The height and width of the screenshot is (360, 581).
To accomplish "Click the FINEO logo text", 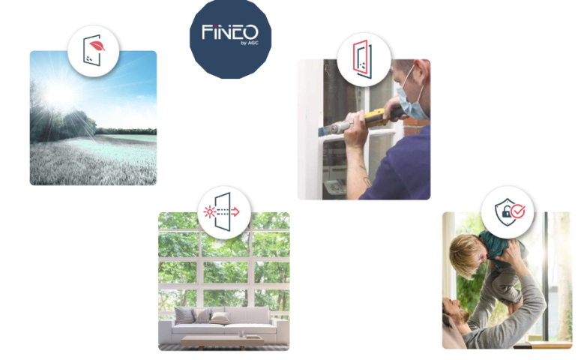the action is (x=229, y=32).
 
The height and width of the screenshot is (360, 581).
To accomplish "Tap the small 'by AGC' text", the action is (x=250, y=43).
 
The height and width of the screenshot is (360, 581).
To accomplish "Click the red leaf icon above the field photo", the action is (x=97, y=46).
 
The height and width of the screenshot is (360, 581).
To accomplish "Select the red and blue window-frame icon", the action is (x=362, y=59).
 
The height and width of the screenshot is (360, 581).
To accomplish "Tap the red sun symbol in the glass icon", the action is (x=210, y=211).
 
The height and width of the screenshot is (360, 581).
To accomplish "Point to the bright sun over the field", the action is (x=59, y=93).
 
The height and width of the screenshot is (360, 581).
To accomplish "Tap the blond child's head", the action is (x=466, y=256).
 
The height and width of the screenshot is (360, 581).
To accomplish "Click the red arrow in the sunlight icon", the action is (x=235, y=211).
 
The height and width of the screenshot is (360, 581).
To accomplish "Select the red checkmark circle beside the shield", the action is (x=517, y=211).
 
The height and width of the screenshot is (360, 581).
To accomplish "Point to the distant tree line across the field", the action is (x=126, y=131).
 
